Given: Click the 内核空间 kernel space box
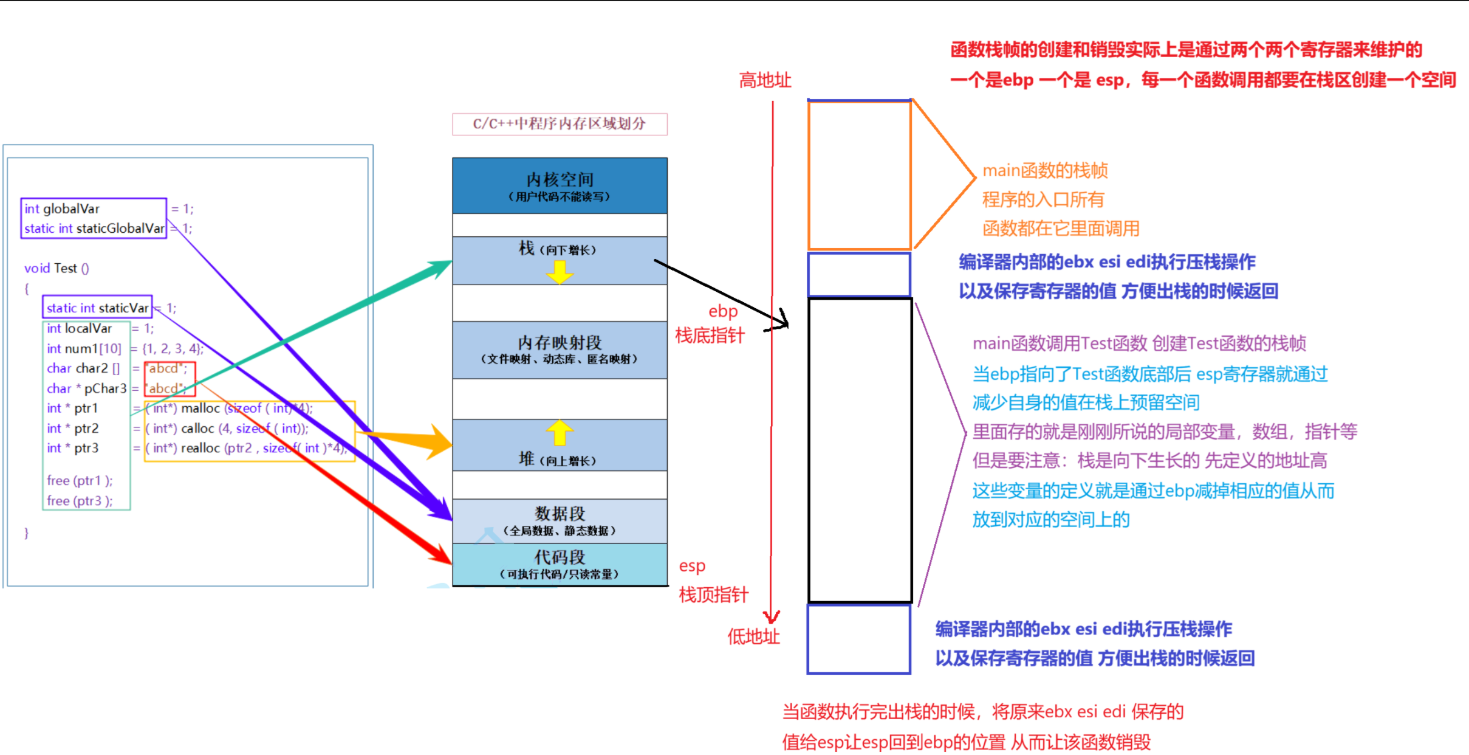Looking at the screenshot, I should click(x=560, y=185).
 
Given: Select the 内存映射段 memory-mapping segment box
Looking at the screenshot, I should click(x=560, y=350).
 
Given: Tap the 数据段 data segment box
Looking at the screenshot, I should click(x=560, y=520).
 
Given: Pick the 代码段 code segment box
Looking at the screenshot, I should click(x=560, y=564).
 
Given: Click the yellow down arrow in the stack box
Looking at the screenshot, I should click(x=560, y=272).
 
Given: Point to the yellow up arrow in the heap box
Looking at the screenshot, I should click(x=560, y=433).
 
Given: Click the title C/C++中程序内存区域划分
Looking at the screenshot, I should click(x=560, y=124).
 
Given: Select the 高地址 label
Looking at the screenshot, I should click(x=765, y=80).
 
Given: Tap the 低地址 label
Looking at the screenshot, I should click(x=753, y=636).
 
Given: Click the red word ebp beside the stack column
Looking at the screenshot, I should click(x=723, y=311).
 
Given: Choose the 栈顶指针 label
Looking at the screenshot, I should click(x=713, y=595).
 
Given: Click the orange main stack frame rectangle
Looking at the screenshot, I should click(x=859, y=175).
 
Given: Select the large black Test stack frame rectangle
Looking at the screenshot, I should click(x=860, y=450).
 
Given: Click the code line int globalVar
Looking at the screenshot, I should click(x=62, y=209).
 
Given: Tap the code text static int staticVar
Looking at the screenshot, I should click(x=97, y=308).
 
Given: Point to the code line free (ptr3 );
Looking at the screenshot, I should click(x=80, y=500).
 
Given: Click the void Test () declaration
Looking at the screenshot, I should click(x=56, y=268).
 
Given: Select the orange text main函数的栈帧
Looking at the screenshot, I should click(x=1045, y=171).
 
